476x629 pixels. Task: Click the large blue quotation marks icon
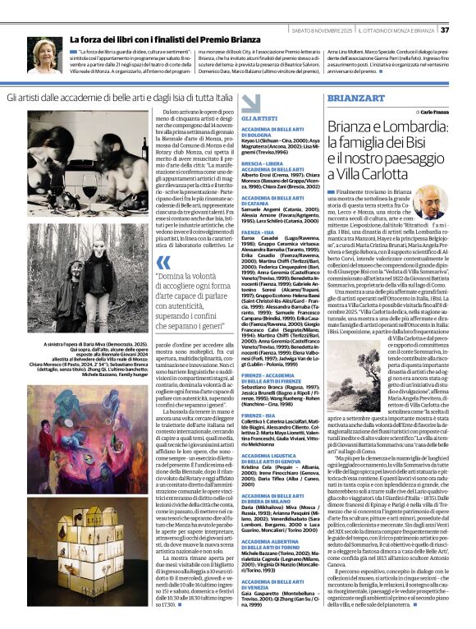[163, 262]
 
